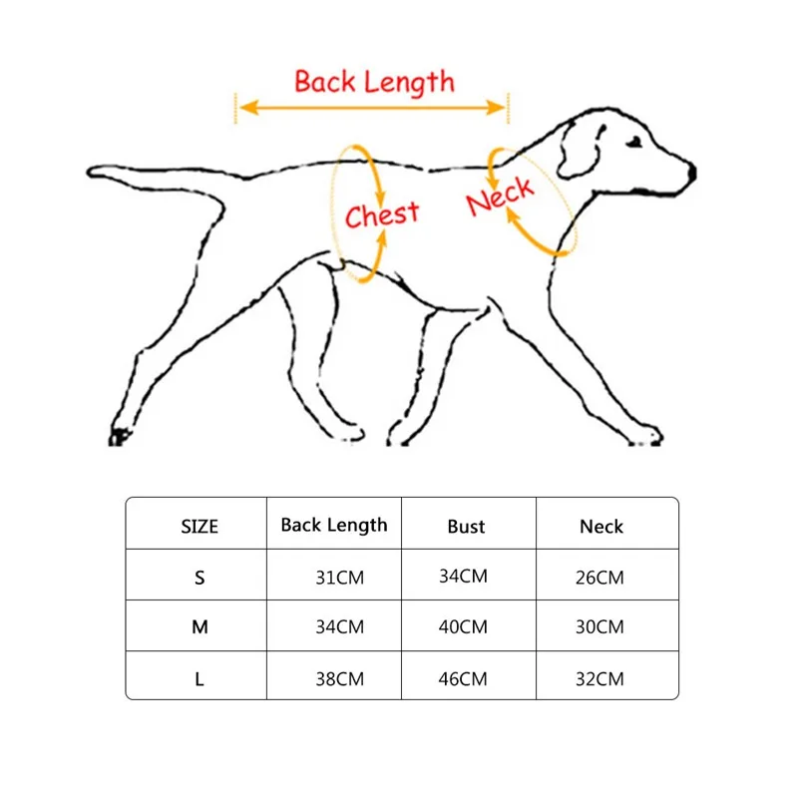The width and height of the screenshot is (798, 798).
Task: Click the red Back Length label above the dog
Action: pos(374,82)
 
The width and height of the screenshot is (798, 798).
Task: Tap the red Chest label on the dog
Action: pos(382,213)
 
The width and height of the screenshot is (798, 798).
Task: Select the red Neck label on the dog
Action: pos(500,196)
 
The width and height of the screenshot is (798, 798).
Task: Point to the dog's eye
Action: pos(634,146)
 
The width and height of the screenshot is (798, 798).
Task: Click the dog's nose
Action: pos(689,174)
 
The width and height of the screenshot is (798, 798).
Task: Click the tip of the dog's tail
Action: pos(93,173)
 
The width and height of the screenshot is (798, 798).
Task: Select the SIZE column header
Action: pos(199,527)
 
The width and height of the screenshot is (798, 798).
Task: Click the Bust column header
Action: pos(466,526)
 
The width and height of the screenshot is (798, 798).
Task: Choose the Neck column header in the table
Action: pos(601,526)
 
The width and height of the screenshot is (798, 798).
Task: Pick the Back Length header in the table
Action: pos(334,525)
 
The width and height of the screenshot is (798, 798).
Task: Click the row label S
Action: pos(199,577)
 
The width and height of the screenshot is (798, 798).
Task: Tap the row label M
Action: pos(199,627)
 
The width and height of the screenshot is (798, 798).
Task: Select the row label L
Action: pos(199,679)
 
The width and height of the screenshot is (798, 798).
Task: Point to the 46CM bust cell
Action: pos(464,679)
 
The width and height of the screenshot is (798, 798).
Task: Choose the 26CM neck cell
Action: pos(599,578)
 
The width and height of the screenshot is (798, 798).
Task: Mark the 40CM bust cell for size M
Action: pos(464,627)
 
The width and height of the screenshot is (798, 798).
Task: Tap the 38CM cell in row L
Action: pos(339,679)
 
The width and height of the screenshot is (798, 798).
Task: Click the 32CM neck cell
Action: pos(599,679)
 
